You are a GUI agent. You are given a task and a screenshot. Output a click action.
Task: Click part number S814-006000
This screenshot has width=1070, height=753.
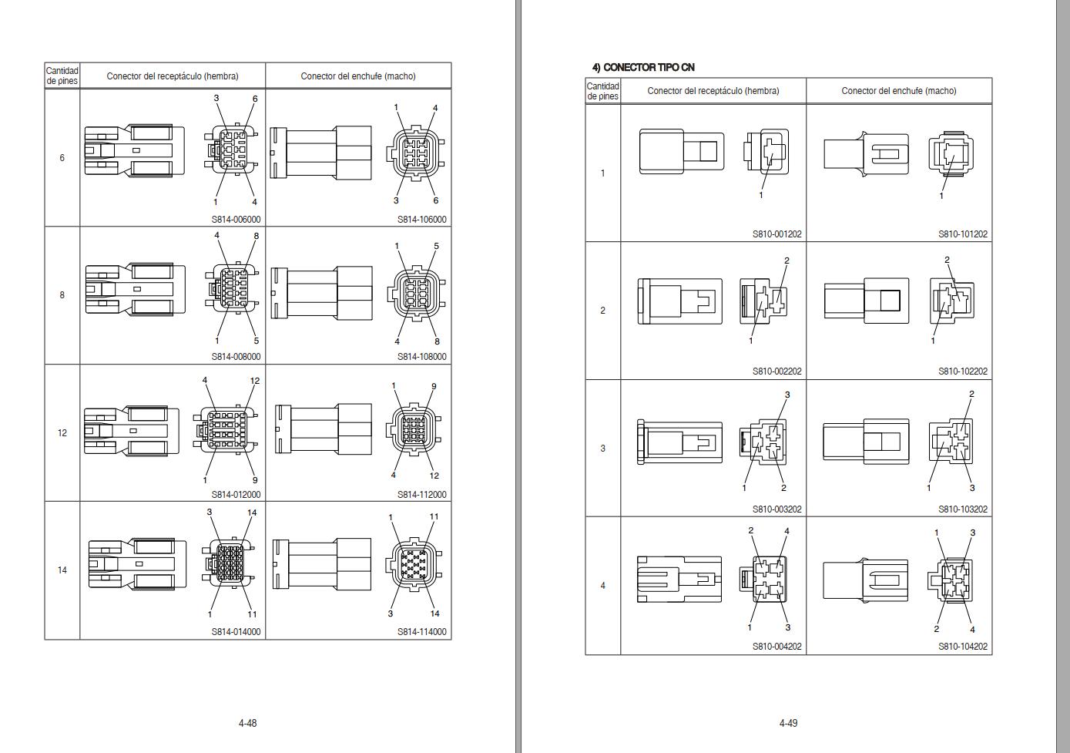pyautogui.click(x=236, y=220)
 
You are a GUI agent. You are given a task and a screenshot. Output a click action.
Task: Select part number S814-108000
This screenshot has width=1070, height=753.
pyautogui.click(x=421, y=357)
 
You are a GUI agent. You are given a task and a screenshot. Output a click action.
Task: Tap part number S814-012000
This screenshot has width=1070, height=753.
pyautogui.click(x=236, y=495)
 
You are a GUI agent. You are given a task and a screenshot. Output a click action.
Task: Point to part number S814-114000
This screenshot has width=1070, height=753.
pyautogui.click(x=421, y=632)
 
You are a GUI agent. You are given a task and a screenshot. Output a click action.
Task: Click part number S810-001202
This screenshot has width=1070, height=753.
pyautogui.click(x=777, y=234)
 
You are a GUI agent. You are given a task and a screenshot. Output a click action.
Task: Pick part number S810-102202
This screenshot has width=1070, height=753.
pyautogui.click(x=962, y=371)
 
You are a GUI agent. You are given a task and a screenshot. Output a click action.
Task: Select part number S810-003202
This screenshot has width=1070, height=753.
pyautogui.click(x=777, y=509)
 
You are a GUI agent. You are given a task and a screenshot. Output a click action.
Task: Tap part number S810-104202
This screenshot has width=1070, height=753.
pyautogui.click(x=962, y=647)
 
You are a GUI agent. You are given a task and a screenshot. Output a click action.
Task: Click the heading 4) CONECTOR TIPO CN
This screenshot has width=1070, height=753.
pyautogui.click(x=643, y=68)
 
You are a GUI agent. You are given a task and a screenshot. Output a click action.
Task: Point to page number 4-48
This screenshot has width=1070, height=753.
pyautogui.click(x=247, y=723)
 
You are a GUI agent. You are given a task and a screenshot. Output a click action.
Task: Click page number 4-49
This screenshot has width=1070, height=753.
pyautogui.click(x=788, y=723)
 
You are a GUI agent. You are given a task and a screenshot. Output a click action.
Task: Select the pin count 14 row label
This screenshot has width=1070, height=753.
pyautogui.click(x=62, y=570)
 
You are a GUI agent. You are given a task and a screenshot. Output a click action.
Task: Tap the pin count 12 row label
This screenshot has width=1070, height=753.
pyautogui.click(x=62, y=433)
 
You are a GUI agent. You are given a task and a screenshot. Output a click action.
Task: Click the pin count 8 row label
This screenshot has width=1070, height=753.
pyautogui.click(x=62, y=295)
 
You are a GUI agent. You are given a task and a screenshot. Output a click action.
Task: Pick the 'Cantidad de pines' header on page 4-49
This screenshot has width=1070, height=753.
pyautogui.click(x=602, y=91)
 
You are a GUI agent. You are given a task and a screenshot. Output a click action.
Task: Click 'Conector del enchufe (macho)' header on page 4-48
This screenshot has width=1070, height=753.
pyautogui.click(x=358, y=76)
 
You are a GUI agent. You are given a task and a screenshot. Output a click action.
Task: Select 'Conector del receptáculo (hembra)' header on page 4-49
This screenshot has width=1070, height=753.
pyautogui.click(x=713, y=91)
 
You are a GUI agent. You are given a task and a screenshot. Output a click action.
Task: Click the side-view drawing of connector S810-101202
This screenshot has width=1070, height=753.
pyautogui.click(x=866, y=154)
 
